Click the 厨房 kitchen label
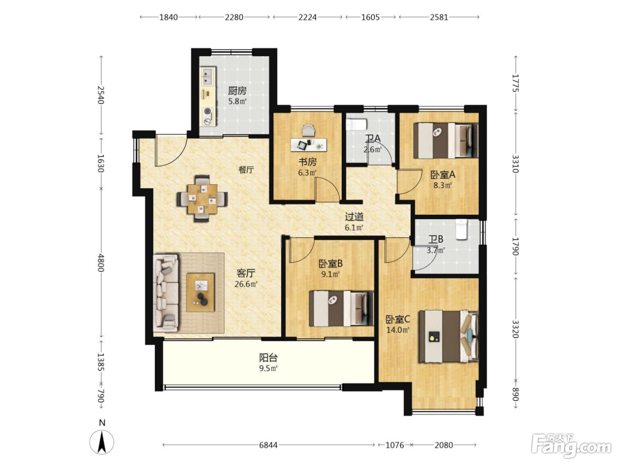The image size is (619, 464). pos(237,91)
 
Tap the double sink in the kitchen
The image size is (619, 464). pos(208,76)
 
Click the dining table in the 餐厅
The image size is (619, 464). pos(203,199)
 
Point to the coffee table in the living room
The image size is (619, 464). pos(200,292)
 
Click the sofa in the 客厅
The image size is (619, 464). pos(165,293)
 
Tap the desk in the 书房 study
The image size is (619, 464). pos(309,145)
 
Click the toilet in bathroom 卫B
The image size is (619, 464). pos(462,230)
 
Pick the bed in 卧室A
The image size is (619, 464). pos(446,141)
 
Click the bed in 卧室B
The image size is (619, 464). pos(341,308)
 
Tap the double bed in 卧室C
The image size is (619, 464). pos(449,336)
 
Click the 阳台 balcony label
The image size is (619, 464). pos(268,358)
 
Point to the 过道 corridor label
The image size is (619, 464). pos(354,217)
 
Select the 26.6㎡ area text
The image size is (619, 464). pos(246,284)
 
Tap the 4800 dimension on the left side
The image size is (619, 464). pos(101,263)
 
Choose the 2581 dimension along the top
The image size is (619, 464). pos(439,17)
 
